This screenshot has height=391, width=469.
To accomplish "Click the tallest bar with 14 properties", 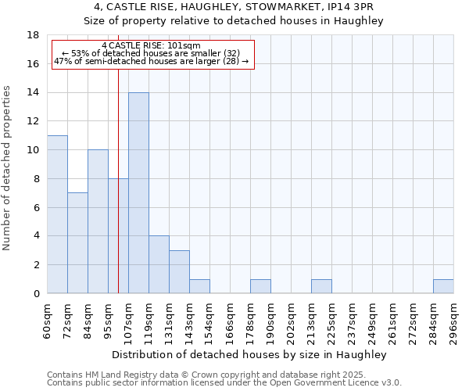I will (138, 193).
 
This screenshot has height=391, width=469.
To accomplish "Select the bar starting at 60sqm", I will (57, 214).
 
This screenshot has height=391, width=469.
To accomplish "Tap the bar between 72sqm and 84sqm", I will (77, 243).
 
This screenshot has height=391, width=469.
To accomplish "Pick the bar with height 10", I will (98, 221).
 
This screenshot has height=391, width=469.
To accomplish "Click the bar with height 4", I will (159, 264).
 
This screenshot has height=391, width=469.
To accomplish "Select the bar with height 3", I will (179, 271).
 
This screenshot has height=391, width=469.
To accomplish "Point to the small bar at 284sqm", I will (443, 286).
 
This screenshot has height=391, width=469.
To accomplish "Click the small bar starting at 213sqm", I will (321, 286).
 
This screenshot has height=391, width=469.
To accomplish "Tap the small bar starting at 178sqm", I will (260, 286).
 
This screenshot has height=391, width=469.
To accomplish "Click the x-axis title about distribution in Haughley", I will (250, 354).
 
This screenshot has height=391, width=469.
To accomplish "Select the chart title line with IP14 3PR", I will (234, 7).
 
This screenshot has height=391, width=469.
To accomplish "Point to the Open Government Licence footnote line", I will (224, 383).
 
